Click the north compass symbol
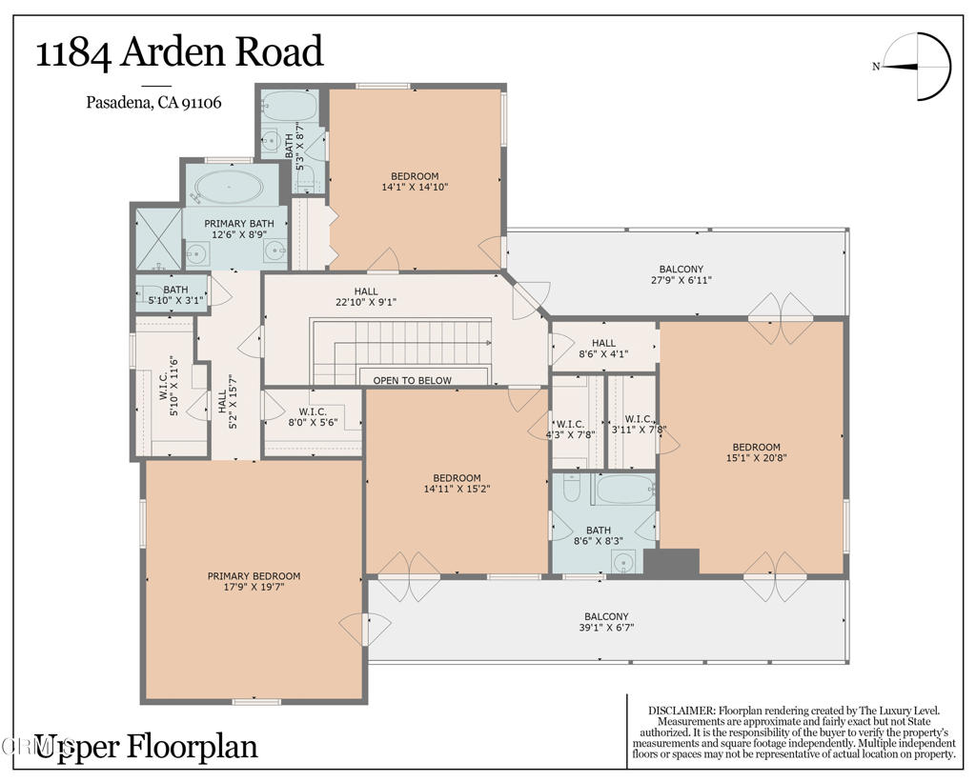point(918,66)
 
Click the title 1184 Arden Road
point(179,52)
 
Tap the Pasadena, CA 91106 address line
point(153,103)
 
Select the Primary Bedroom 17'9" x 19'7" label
point(254,581)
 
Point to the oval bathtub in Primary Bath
point(226,187)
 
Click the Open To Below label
point(412,380)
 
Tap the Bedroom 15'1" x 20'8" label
point(756,451)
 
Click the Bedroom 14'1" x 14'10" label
point(415,181)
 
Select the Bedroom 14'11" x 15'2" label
point(457,483)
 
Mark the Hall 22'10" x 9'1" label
point(366,296)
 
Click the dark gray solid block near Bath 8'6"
point(671,562)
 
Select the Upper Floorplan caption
point(146,746)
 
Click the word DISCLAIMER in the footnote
point(681,711)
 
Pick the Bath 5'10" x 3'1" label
point(175,295)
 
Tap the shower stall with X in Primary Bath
point(157,238)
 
